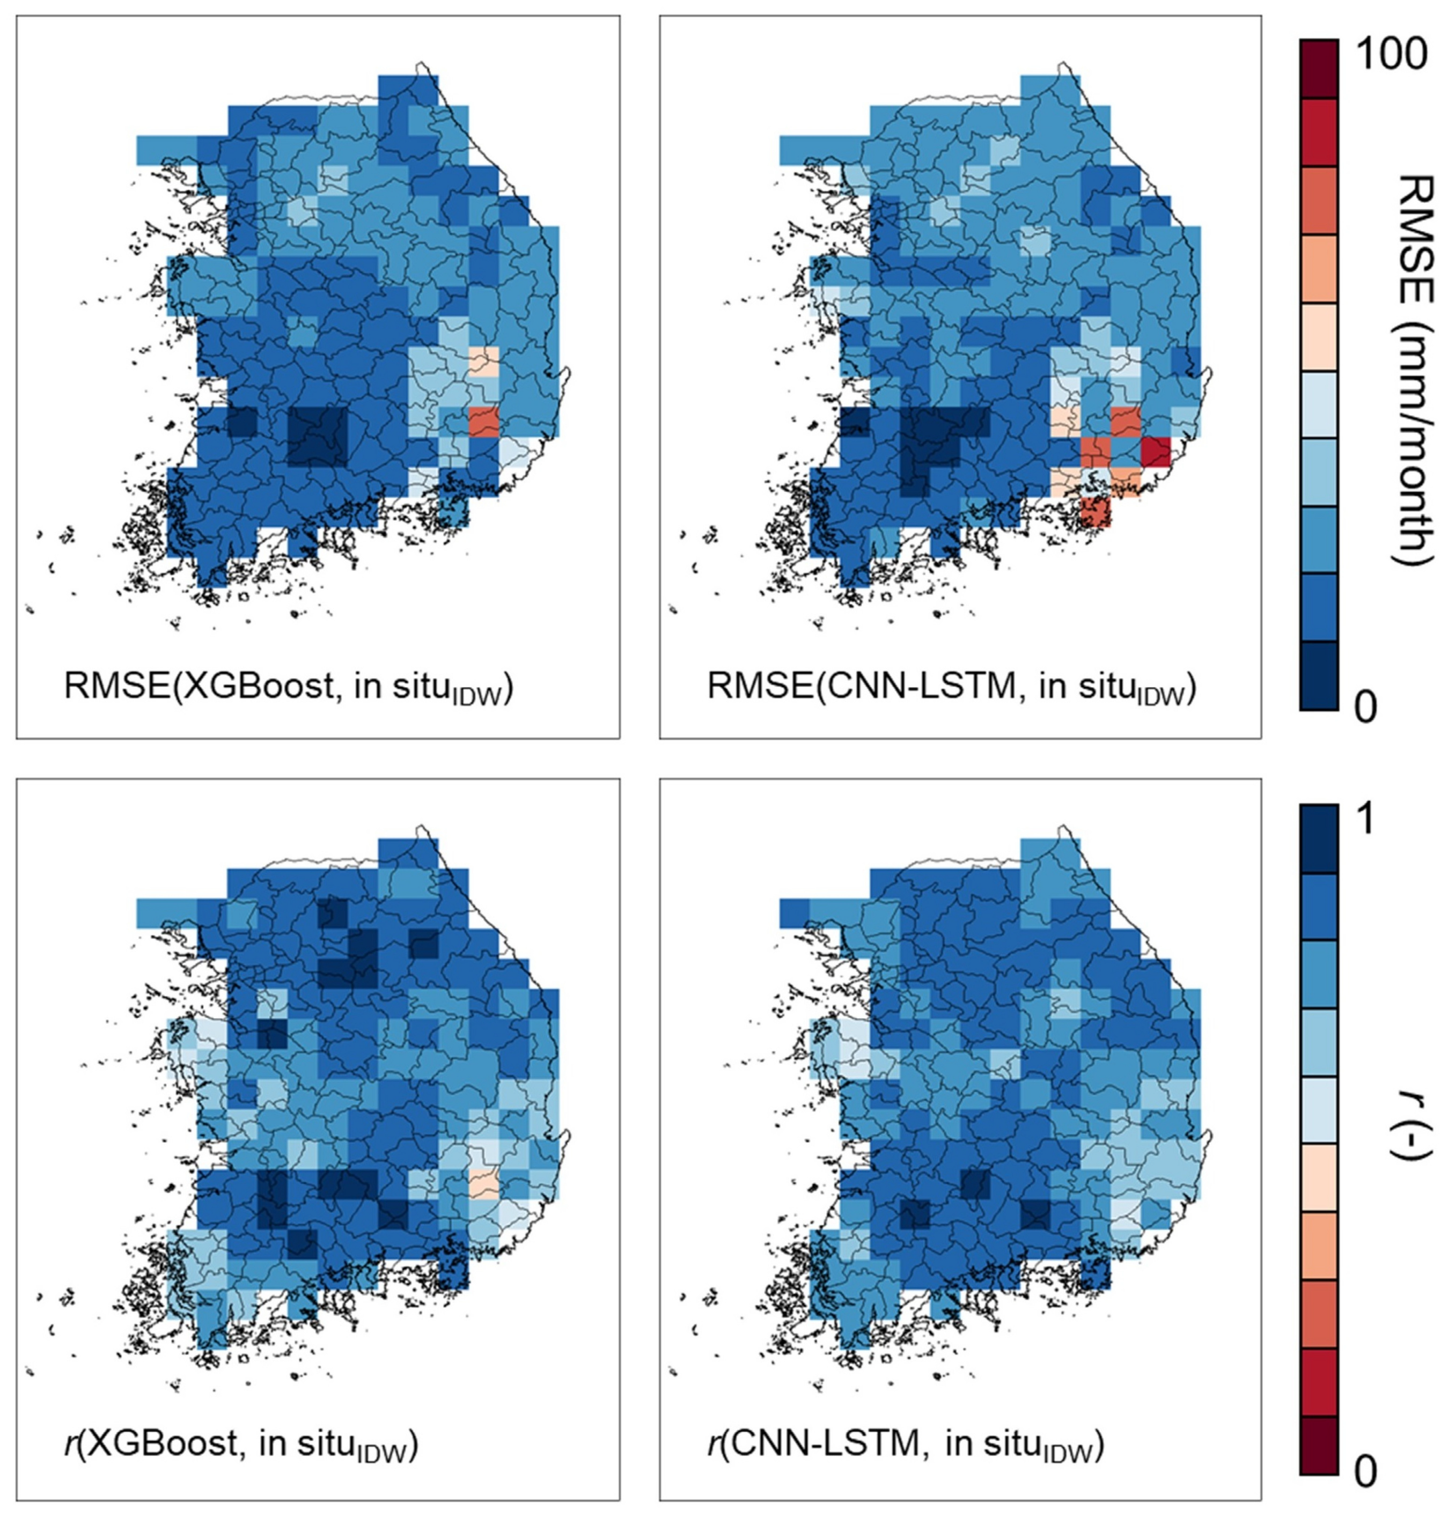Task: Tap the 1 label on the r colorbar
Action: tap(1365, 820)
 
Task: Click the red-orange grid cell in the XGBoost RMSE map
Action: tap(484, 422)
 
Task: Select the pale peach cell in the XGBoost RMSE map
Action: tap(484, 361)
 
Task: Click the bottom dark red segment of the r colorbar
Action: tap(1318, 1455)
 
